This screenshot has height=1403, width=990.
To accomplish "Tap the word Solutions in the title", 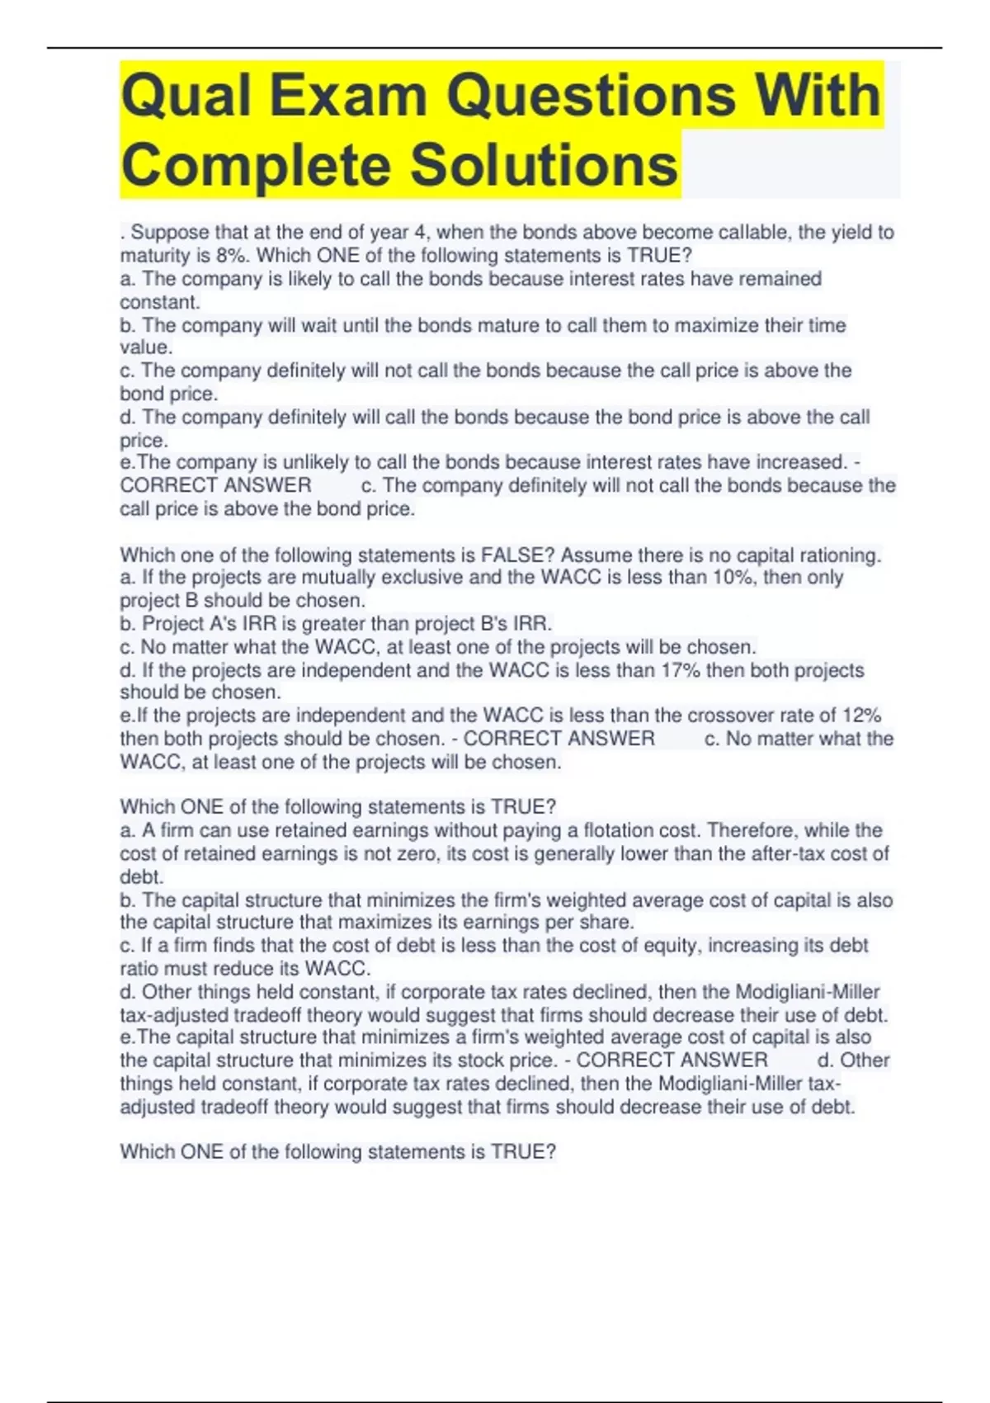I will [x=544, y=165].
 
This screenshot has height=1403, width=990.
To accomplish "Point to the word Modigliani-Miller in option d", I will [x=807, y=991].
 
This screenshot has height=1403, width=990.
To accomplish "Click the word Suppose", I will [x=168, y=233].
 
